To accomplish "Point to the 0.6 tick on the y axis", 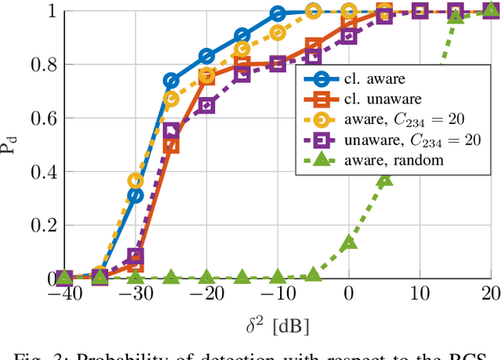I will click(x=38, y=118).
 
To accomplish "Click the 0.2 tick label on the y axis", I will click(x=38, y=225).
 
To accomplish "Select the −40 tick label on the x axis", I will click(x=64, y=294).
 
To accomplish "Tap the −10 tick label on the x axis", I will click(x=277, y=294).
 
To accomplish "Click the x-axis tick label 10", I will click(x=420, y=294).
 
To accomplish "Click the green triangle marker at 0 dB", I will click(x=349, y=242).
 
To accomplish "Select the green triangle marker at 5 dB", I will click(x=384, y=178).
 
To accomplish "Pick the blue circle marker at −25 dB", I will click(x=171, y=81).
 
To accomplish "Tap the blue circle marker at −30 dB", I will click(x=136, y=195).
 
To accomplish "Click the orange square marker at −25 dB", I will click(x=171, y=145).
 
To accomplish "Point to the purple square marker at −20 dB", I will click(x=206, y=104).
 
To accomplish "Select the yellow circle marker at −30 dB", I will click(x=136, y=181).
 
